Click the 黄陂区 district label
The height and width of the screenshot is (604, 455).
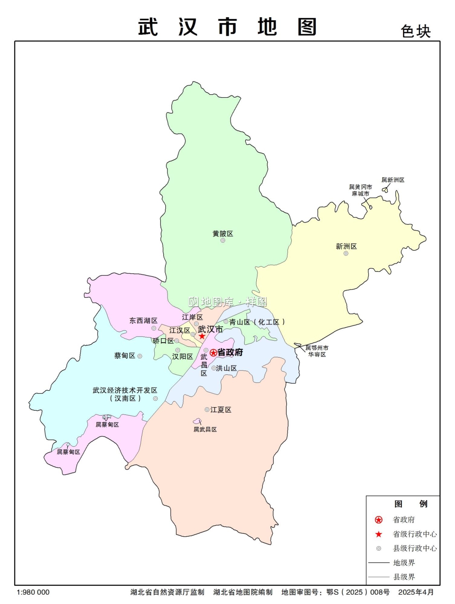(223, 234)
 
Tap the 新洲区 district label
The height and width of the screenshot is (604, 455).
(346, 246)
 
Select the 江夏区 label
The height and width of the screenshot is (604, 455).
(221, 410)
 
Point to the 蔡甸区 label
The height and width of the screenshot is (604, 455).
(125, 356)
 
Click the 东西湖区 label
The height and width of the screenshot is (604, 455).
(143, 321)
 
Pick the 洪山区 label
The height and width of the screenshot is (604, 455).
(226, 368)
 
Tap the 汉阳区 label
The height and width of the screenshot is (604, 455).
(183, 356)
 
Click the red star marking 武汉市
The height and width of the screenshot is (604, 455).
(202, 336)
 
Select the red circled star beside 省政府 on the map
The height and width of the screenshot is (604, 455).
(213, 353)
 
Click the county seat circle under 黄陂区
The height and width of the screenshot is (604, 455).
(222, 240)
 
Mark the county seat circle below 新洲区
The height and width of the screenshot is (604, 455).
(346, 253)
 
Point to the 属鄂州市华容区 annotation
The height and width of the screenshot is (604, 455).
(317, 351)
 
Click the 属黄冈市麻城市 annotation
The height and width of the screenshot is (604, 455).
(360, 190)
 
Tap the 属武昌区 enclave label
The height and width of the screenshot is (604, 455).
(205, 429)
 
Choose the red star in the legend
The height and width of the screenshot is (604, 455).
(378, 534)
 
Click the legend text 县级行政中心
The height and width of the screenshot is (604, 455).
(415, 548)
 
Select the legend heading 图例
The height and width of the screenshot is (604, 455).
(411, 504)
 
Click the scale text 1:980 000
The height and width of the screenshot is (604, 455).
(33, 592)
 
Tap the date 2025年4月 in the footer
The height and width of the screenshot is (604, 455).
(416, 592)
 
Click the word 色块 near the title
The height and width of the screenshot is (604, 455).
(416, 31)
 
